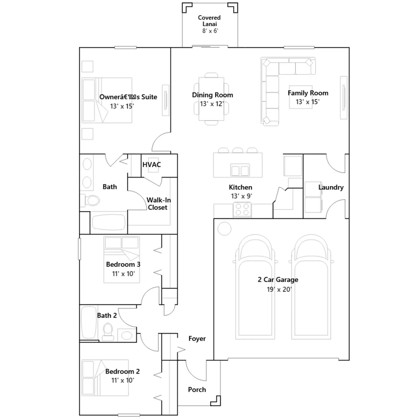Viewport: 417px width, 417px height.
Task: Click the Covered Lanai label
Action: click(209, 21)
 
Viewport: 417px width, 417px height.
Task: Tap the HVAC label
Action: click(152, 165)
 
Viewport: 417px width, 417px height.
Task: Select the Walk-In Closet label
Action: click(158, 204)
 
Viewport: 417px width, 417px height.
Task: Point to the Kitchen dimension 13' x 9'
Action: click(241, 196)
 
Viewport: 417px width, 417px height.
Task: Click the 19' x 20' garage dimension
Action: click(279, 289)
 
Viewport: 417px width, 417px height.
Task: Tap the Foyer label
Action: click(197, 339)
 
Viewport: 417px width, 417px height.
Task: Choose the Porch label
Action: click(197, 390)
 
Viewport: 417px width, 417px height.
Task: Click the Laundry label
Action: click(331, 187)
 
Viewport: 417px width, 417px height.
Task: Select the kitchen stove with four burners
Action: click(242, 210)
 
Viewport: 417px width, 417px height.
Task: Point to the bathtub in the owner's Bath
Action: click(108, 222)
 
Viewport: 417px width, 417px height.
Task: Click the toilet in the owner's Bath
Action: click(90, 200)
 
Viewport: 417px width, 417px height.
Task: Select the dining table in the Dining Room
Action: click(211, 99)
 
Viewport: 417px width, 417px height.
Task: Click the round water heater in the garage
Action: click(224, 229)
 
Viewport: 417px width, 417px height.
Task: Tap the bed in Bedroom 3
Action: click(122, 260)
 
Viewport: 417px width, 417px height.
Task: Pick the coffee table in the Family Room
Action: click(301, 97)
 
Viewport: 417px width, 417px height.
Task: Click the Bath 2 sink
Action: click(127, 335)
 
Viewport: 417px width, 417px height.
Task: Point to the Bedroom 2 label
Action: click(122, 371)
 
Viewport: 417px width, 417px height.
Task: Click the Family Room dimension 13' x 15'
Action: click(308, 102)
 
